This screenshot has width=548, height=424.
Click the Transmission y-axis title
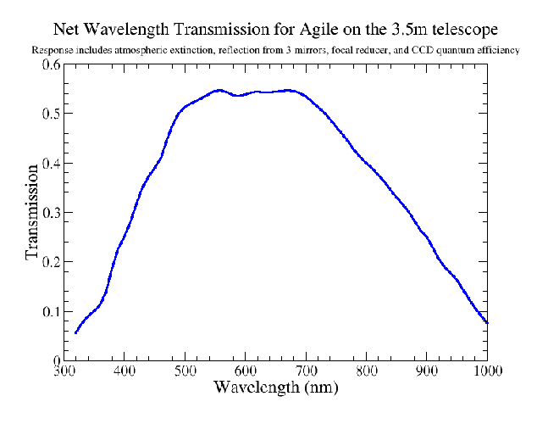(32, 212)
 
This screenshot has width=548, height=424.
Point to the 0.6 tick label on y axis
(48, 64)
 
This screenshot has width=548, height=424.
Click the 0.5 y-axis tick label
(48, 114)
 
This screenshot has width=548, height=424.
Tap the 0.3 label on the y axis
(48, 212)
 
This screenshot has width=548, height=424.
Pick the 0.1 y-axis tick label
(48, 311)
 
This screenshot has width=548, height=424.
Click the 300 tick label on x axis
(64, 371)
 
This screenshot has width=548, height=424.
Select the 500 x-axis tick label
(185, 371)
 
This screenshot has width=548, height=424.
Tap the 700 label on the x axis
(306, 371)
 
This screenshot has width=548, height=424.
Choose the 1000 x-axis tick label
(486, 371)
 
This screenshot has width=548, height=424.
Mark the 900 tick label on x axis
(426, 371)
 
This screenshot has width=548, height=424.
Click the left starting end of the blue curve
(75, 332)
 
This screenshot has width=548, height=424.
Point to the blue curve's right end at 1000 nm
(487, 322)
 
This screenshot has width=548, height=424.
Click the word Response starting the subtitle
(49, 50)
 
